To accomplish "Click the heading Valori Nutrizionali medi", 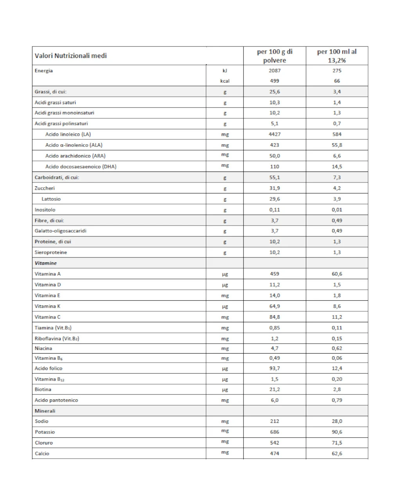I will pos(71,56).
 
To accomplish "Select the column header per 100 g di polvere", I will pos(275,56).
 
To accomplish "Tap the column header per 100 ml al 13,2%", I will pos(337,56).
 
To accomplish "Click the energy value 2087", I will pos(275,70).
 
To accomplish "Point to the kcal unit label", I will pos(225,81).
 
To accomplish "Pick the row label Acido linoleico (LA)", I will pos(68,134).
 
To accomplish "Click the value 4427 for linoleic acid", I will pos(275,134).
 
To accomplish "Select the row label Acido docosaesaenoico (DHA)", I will pos(81,166).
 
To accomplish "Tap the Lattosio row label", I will pos(51,199).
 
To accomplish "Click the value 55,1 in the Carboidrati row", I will pos(275,177).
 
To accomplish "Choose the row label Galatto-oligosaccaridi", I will pos(61,231).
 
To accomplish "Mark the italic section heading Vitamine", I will pos(46,263).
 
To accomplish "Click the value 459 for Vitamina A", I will pos(275,274).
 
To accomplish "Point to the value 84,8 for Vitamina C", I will pos(275,317).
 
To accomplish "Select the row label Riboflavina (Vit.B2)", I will pos(57,338).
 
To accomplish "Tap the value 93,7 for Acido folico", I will pos(275,368).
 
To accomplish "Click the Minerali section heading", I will pos(45,411).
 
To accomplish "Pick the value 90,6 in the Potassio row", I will pos(337,432).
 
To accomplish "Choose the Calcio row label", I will pos(42,453).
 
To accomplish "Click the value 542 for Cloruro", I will pos(275,442).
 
